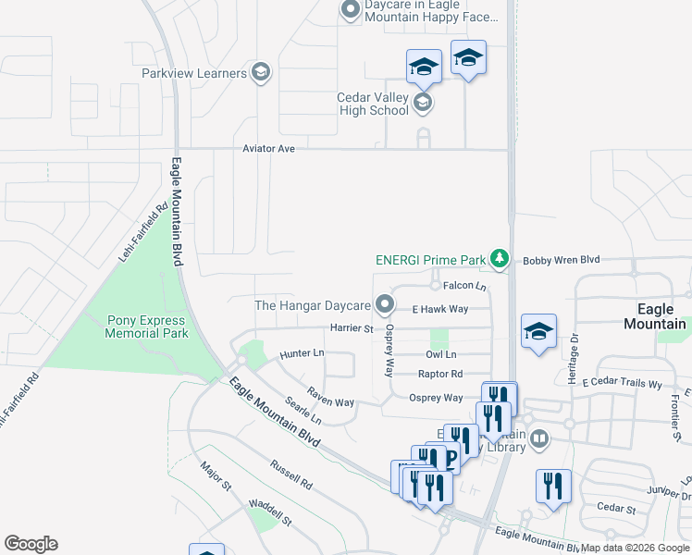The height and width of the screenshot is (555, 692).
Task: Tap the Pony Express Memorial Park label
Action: tap(148, 327)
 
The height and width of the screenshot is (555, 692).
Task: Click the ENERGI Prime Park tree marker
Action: tap(500, 259)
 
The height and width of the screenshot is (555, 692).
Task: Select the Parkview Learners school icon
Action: tap(261, 73)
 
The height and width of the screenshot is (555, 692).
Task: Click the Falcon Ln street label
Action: tap(463, 287)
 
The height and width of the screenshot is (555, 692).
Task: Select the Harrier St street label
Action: tap(351, 328)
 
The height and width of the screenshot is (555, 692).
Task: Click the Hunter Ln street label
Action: tap(302, 353)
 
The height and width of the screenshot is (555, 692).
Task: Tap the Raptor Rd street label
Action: tap(439, 374)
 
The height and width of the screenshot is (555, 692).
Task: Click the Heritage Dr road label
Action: tap(574, 359)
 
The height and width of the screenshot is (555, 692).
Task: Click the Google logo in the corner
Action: tap(31, 544)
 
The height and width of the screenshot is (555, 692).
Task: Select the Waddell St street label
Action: tap(270, 512)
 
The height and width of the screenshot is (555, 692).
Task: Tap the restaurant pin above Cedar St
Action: tap(553, 485)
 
